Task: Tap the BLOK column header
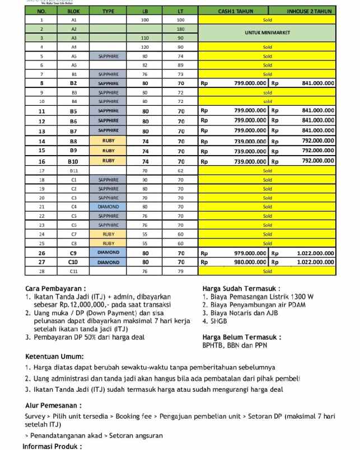(x=73, y=11)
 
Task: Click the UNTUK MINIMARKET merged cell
(x=267, y=33)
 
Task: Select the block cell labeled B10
(x=73, y=161)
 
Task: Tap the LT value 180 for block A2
(x=180, y=29)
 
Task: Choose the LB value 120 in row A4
(x=145, y=47)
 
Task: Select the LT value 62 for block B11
(x=180, y=171)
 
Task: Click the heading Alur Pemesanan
(x=53, y=405)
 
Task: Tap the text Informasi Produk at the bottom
(x=52, y=446)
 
